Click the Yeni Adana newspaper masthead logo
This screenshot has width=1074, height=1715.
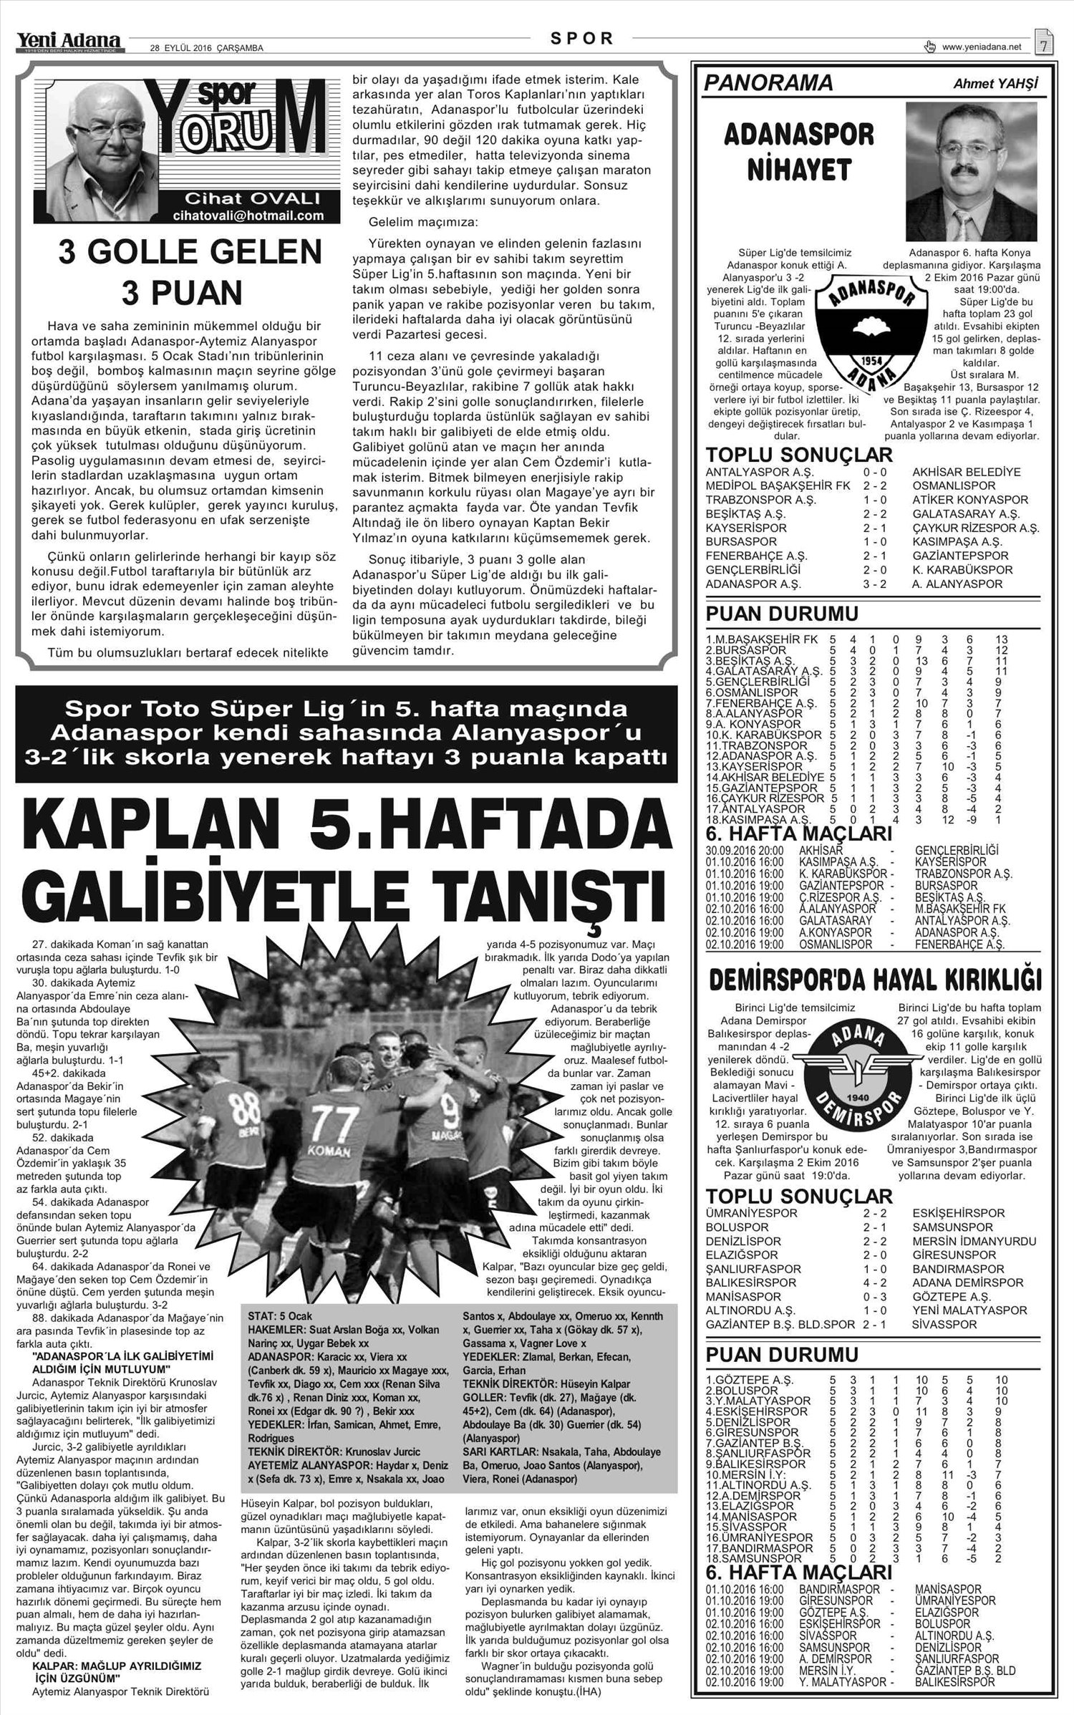coord(69,42)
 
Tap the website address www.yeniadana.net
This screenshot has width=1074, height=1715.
coord(982,47)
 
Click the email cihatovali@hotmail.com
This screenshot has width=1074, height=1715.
coord(248,216)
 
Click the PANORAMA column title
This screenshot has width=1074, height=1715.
coord(768,83)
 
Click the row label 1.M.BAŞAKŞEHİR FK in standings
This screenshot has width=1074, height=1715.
coord(762,639)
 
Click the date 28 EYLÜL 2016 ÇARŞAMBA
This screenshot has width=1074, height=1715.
coord(206,48)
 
